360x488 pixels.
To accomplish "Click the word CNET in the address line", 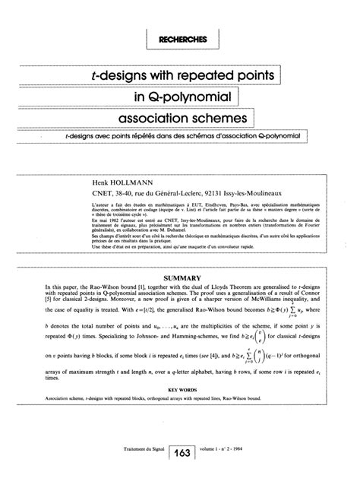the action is point(100,183).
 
